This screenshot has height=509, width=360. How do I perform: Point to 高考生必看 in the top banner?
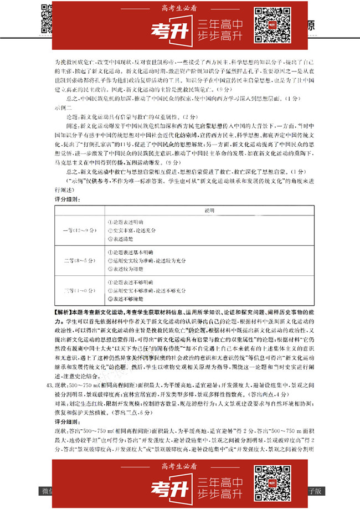[x=179, y=8]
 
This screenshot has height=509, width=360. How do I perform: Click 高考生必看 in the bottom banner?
[x=179, y=465]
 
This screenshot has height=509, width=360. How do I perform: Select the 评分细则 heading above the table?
[x=68, y=199]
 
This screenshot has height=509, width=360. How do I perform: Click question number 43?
[x=50, y=384]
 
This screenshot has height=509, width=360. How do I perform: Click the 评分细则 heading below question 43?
[x=68, y=421]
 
